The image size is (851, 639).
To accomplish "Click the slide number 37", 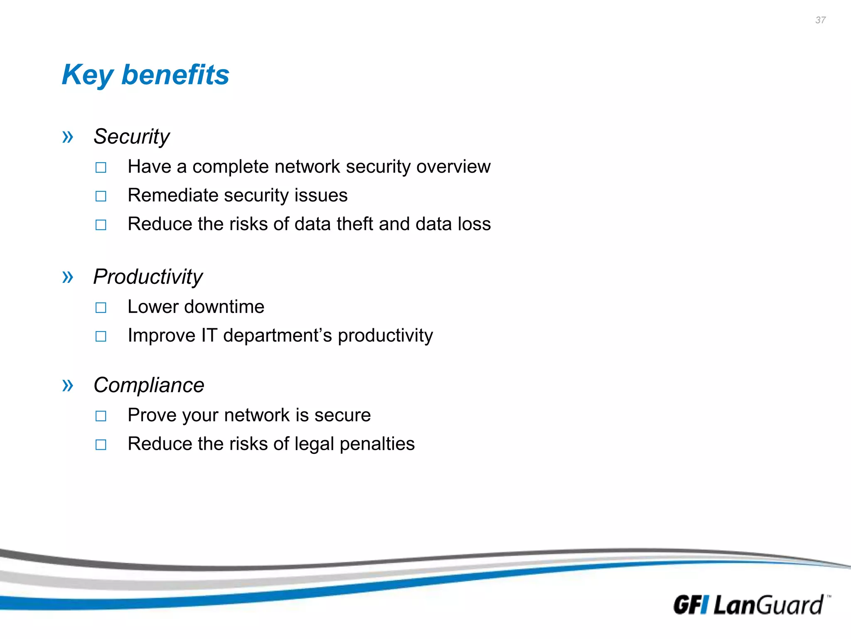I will click(x=820, y=20).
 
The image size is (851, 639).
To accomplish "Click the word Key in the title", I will click(x=87, y=75).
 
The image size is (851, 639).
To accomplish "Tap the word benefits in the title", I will click(x=175, y=75).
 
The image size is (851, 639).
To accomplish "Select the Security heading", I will click(x=131, y=136).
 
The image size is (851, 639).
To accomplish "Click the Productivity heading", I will click(x=148, y=277).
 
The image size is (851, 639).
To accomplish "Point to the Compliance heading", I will click(x=149, y=385).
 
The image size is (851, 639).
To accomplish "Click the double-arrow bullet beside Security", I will click(x=68, y=136).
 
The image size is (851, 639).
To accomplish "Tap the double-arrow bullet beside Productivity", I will click(x=68, y=277).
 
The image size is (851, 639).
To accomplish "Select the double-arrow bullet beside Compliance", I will click(x=68, y=385).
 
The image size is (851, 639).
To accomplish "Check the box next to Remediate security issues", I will click(x=101, y=196).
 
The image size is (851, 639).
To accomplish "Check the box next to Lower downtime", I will click(x=101, y=307).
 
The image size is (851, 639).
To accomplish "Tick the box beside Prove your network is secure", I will click(x=101, y=416).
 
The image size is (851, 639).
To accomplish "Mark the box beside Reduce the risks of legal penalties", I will click(x=101, y=444).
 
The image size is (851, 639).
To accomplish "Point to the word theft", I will click(x=354, y=224).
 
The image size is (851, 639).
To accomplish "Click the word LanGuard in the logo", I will click(x=768, y=605).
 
